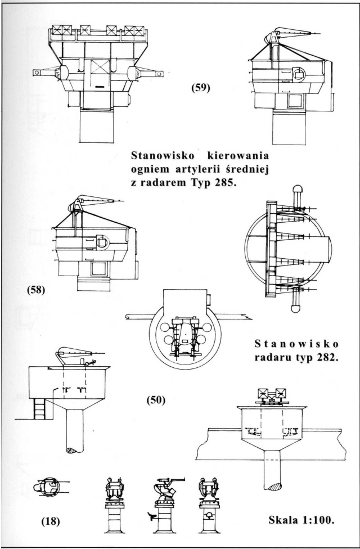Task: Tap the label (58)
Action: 35,291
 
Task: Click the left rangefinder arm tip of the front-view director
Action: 37,73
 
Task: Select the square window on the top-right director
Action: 294,101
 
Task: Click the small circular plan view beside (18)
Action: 47,486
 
